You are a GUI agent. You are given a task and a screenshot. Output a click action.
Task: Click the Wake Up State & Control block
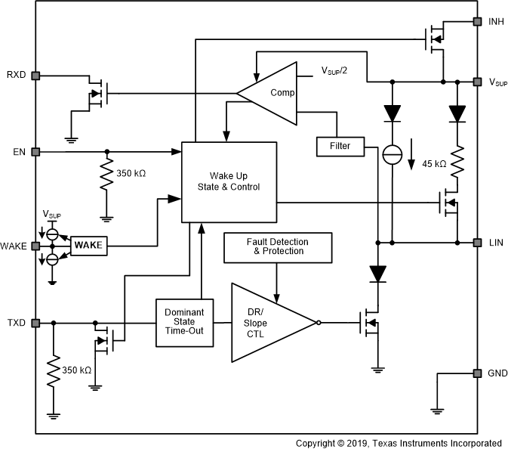[229, 181]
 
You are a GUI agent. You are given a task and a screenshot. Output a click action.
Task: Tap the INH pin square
[476, 22]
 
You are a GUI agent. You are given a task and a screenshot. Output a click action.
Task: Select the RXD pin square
[35, 76]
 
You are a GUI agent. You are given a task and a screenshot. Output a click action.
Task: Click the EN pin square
[35, 152]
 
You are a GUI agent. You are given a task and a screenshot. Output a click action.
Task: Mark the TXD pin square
[35, 323]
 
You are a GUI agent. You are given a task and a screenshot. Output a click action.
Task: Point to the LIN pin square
[476, 243]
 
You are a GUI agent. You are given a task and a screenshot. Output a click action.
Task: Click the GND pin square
[476, 373]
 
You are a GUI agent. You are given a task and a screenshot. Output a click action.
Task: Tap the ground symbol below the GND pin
[436, 410]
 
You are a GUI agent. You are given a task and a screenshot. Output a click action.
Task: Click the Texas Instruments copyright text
[399, 443]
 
